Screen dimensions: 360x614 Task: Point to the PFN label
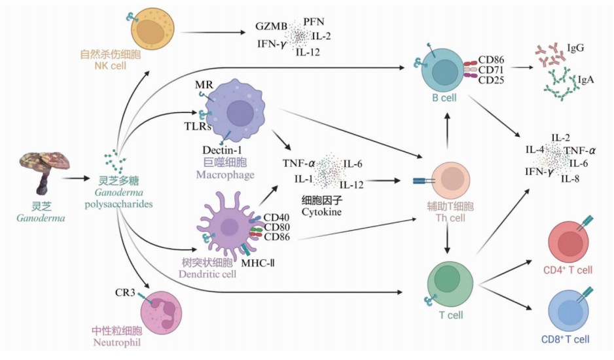click(314, 22)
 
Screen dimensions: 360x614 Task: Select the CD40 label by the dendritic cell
click(274, 217)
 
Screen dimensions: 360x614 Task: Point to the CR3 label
click(126, 293)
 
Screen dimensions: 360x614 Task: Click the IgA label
click(586, 80)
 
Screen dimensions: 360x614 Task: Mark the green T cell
click(450, 279)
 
